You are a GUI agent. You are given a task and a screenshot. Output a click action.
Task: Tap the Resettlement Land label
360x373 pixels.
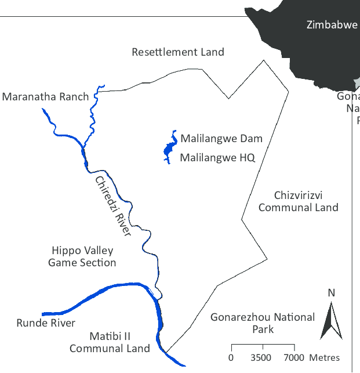point(178,52)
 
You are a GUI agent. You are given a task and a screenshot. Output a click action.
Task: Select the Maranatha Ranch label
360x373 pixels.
point(45,96)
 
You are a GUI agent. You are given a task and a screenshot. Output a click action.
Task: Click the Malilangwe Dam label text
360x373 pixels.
point(221,139)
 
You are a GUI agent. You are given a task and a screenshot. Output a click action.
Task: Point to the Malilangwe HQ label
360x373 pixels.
point(217,157)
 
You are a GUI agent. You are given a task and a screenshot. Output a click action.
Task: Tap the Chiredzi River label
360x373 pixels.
point(113,206)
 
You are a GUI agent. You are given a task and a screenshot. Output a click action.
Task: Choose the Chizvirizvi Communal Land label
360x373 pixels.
point(298,201)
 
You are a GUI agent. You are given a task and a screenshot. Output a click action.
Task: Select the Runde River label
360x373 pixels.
point(46,323)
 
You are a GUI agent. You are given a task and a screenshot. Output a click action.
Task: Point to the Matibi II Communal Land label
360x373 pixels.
point(110,342)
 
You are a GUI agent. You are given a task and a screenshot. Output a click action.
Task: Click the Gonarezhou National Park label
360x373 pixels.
point(263,323)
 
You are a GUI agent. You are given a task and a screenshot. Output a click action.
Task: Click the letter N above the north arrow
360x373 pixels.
point(332,292)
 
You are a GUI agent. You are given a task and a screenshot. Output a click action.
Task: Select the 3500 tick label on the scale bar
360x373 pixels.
point(261,357)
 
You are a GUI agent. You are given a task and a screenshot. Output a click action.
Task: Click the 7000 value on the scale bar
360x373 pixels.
point(294,357)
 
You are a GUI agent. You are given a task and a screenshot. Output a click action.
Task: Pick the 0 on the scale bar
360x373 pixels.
point(231,357)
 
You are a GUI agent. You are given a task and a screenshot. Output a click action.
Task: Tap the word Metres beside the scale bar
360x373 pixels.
point(325,357)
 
